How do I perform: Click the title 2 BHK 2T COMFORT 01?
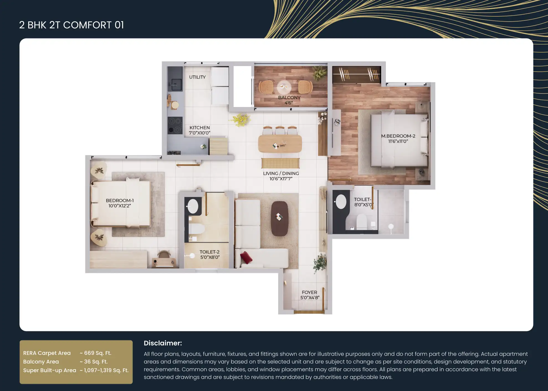[71, 25]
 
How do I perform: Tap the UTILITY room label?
[197, 77]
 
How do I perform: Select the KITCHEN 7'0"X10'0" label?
[199, 130]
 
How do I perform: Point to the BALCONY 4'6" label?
[289, 100]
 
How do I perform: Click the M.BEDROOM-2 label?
[398, 136]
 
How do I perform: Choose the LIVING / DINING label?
[281, 173]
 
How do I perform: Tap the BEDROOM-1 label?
[120, 200]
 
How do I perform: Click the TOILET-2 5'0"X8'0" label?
[210, 254]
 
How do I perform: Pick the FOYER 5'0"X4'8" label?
[310, 295]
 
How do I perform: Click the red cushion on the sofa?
[246, 257]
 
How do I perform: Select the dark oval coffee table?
[280, 218]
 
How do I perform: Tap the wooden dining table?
[280, 144]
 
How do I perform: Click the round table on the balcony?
[284, 87]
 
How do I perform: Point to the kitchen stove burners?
[175, 125]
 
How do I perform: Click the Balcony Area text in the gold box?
[41, 362]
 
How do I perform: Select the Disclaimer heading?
[163, 343]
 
